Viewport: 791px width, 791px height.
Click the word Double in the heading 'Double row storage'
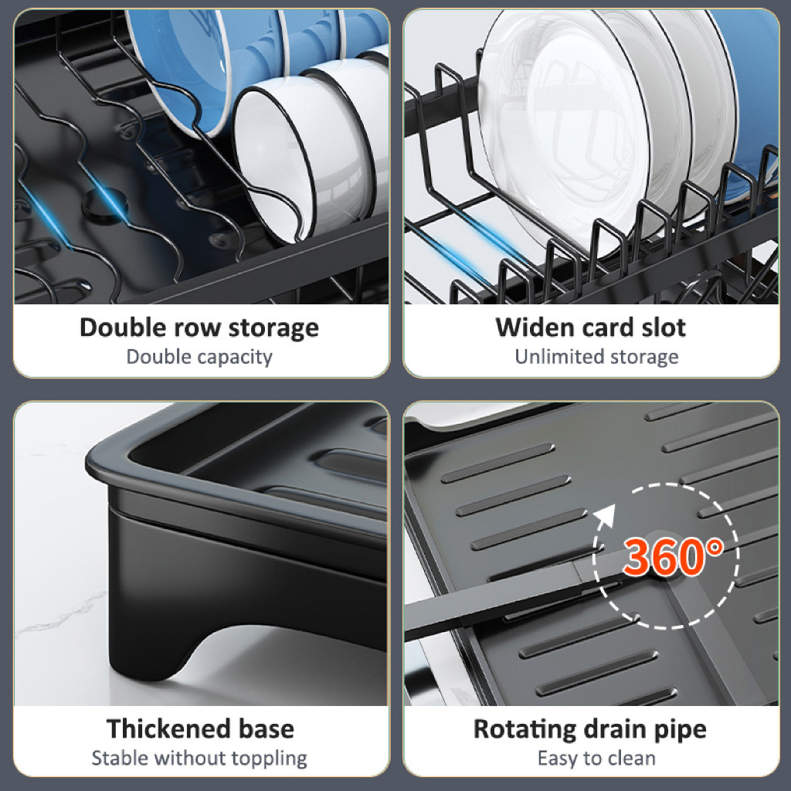pos(123,328)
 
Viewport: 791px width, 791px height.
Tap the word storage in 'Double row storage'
pos(274,329)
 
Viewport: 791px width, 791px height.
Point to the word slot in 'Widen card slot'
pos(664,328)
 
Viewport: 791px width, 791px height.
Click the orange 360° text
pos(673,556)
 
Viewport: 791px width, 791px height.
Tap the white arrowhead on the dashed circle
pos(606,515)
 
